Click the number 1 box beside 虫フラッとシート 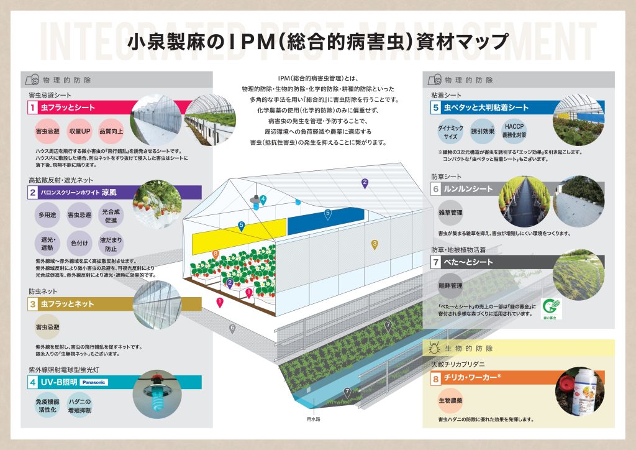pyautogui.click(x=32, y=108)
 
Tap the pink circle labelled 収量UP pyautogui.click(x=81, y=132)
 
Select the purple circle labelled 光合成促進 pyautogui.click(x=112, y=216)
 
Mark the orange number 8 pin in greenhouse pyautogui.click(x=216, y=254)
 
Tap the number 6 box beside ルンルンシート pyautogui.click(x=435, y=189)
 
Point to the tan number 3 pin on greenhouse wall pyautogui.click(x=375, y=244)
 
